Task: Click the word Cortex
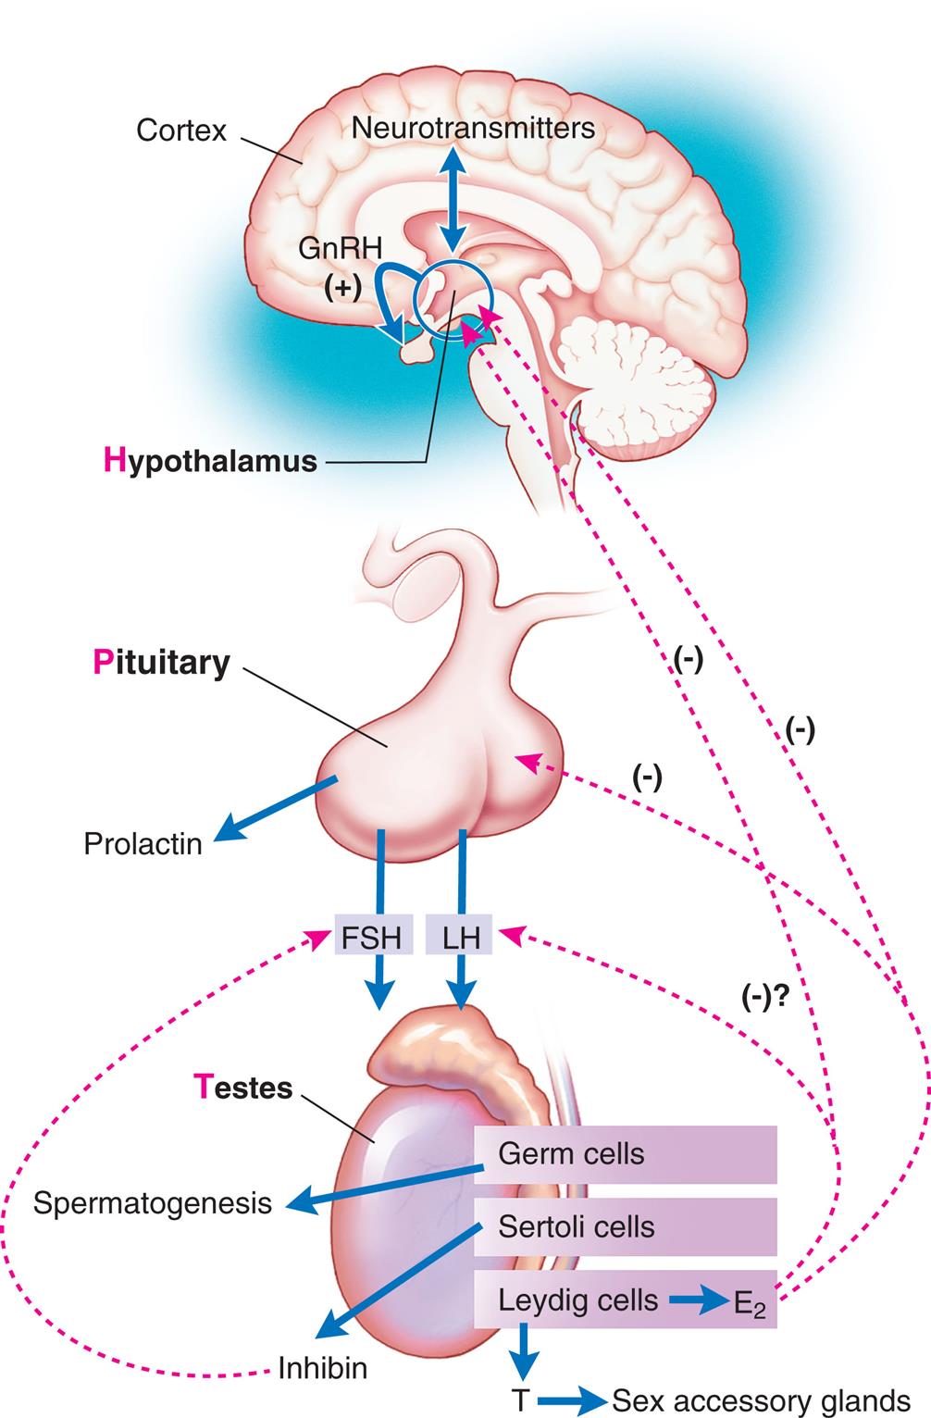pyautogui.click(x=180, y=130)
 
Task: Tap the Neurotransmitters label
pyautogui.click(x=473, y=127)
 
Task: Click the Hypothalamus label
pyautogui.click(x=210, y=460)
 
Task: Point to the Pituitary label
pyautogui.click(x=161, y=663)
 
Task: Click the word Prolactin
pyautogui.click(x=143, y=844)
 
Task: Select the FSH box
pyautogui.click(x=371, y=938)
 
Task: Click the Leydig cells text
pyautogui.click(x=577, y=1300)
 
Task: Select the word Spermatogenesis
pyautogui.click(x=153, y=1202)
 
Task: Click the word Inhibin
pyautogui.click(x=323, y=1368)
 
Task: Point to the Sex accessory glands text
pyautogui.click(x=762, y=1400)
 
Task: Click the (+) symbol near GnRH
pyautogui.click(x=342, y=288)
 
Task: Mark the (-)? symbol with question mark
pyautogui.click(x=771, y=995)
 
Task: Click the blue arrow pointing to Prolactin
pyautogui.click(x=273, y=812)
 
